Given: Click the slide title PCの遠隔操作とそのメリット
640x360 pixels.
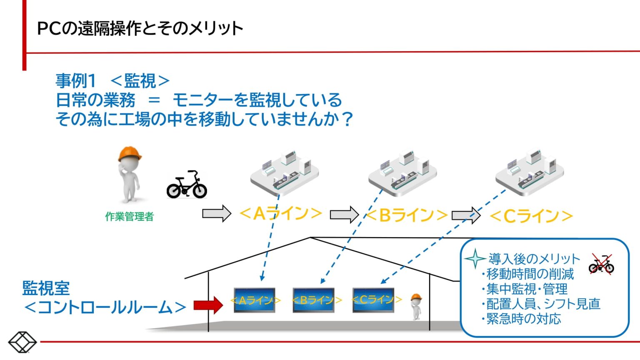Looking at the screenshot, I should point(140,29).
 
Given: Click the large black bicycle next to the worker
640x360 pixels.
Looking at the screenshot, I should point(187,185).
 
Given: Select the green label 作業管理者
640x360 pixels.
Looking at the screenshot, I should point(129,217).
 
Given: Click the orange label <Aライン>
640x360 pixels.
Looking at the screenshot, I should point(280,214).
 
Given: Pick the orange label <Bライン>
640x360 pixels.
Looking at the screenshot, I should point(407,215).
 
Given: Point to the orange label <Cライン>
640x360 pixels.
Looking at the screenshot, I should point(531,216).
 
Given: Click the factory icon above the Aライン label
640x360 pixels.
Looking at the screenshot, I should point(285,172).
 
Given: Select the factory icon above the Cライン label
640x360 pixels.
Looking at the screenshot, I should point(529,172).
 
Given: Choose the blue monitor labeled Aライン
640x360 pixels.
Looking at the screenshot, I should point(255,300).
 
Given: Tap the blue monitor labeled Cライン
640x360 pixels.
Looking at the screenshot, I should point(373,300).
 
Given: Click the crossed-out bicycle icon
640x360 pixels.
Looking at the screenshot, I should point(601,264).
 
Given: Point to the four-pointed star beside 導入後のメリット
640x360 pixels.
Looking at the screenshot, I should point(475,258).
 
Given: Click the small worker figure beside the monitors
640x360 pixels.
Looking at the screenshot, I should point(416,306).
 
